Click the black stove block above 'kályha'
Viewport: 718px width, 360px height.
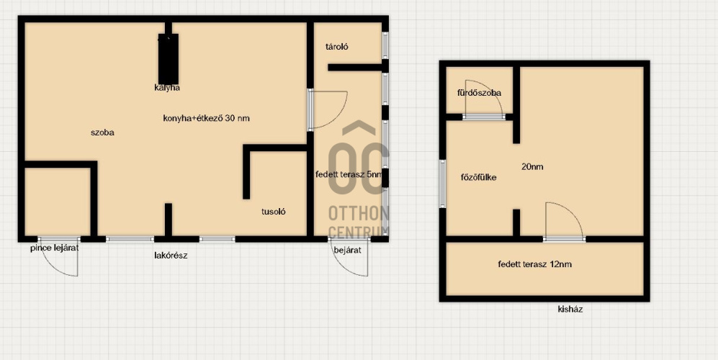pyautogui.click(x=168, y=58)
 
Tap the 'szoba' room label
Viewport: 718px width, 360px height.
pyautogui.click(x=102, y=132)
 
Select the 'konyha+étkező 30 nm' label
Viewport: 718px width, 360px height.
pyautogui.click(x=206, y=118)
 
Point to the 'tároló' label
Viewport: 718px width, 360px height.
pyautogui.click(x=336, y=46)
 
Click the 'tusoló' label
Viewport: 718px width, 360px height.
pyautogui.click(x=274, y=212)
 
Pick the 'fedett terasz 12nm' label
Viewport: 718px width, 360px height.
pyautogui.click(x=535, y=264)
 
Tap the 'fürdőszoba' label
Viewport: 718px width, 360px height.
pyautogui.click(x=479, y=93)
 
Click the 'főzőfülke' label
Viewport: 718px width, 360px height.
pyautogui.click(x=478, y=177)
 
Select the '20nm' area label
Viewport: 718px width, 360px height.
pyautogui.click(x=532, y=167)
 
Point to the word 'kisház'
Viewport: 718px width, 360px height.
pyautogui.click(x=570, y=309)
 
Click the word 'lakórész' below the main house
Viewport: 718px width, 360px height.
pyautogui.click(x=171, y=256)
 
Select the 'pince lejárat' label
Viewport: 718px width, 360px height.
pyautogui.click(x=55, y=248)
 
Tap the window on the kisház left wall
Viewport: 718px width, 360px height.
pyautogui.click(x=443, y=184)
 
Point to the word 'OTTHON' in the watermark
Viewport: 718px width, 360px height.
pyautogui.click(x=358, y=213)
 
